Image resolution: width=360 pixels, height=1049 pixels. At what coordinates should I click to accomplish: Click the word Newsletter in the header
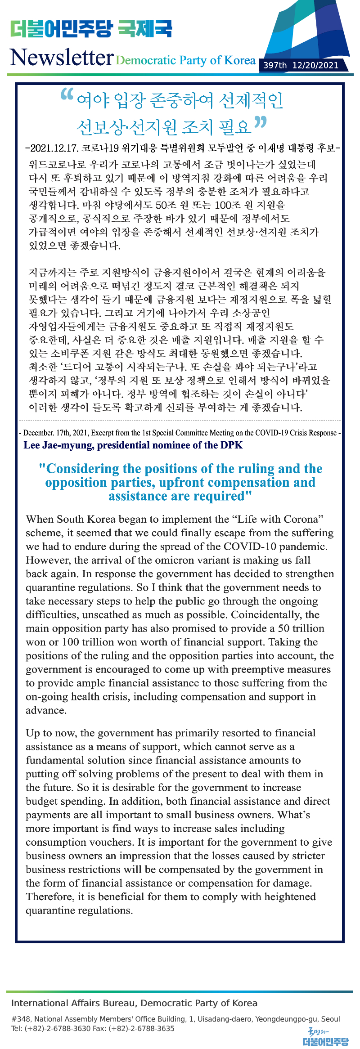[62, 58]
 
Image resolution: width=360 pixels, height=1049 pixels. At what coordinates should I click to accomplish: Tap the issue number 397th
[275, 65]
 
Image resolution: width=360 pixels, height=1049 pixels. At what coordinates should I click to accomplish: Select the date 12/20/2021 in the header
[315, 65]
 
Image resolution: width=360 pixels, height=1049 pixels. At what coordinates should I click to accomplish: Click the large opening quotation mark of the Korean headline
[67, 94]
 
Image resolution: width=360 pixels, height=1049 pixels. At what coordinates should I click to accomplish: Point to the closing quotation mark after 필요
[260, 122]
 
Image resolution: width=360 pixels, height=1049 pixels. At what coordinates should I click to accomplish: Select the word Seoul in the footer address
[330, 1019]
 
